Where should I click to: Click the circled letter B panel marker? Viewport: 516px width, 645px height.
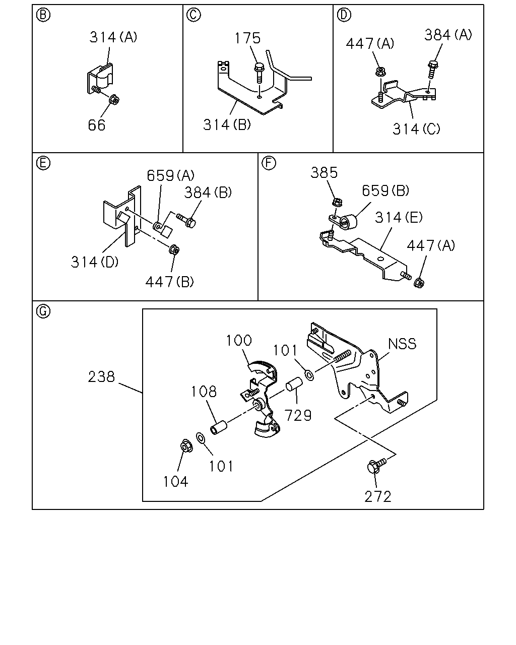pyautogui.click(x=43, y=15)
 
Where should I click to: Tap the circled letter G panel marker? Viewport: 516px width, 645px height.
pyautogui.click(x=43, y=311)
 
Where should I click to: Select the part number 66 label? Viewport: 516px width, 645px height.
pyautogui.click(x=97, y=125)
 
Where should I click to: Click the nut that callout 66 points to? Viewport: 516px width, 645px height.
pyautogui.click(x=114, y=99)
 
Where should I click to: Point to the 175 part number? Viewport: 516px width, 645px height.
pyautogui.click(x=247, y=38)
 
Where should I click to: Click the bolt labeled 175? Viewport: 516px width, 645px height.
pyautogui.click(x=259, y=72)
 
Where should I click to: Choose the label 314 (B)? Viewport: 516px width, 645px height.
pyautogui.click(x=227, y=124)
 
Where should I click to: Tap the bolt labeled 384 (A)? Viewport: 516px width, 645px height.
pyautogui.click(x=432, y=69)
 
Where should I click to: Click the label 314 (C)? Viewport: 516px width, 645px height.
pyautogui.click(x=416, y=129)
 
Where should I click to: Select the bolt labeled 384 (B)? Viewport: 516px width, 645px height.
pyautogui.click(x=186, y=221)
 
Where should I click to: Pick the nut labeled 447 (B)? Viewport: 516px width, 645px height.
pyautogui.click(x=174, y=249)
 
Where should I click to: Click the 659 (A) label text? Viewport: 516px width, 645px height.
pyautogui.click(x=171, y=175)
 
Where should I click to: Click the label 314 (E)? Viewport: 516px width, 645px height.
pyautogui.click(x=399, y=217)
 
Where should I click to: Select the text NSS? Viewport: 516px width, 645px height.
pyautogui.click(x=402, y=344)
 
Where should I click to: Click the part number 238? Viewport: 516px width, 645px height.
pyautogui.click(x=101, y=377)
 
